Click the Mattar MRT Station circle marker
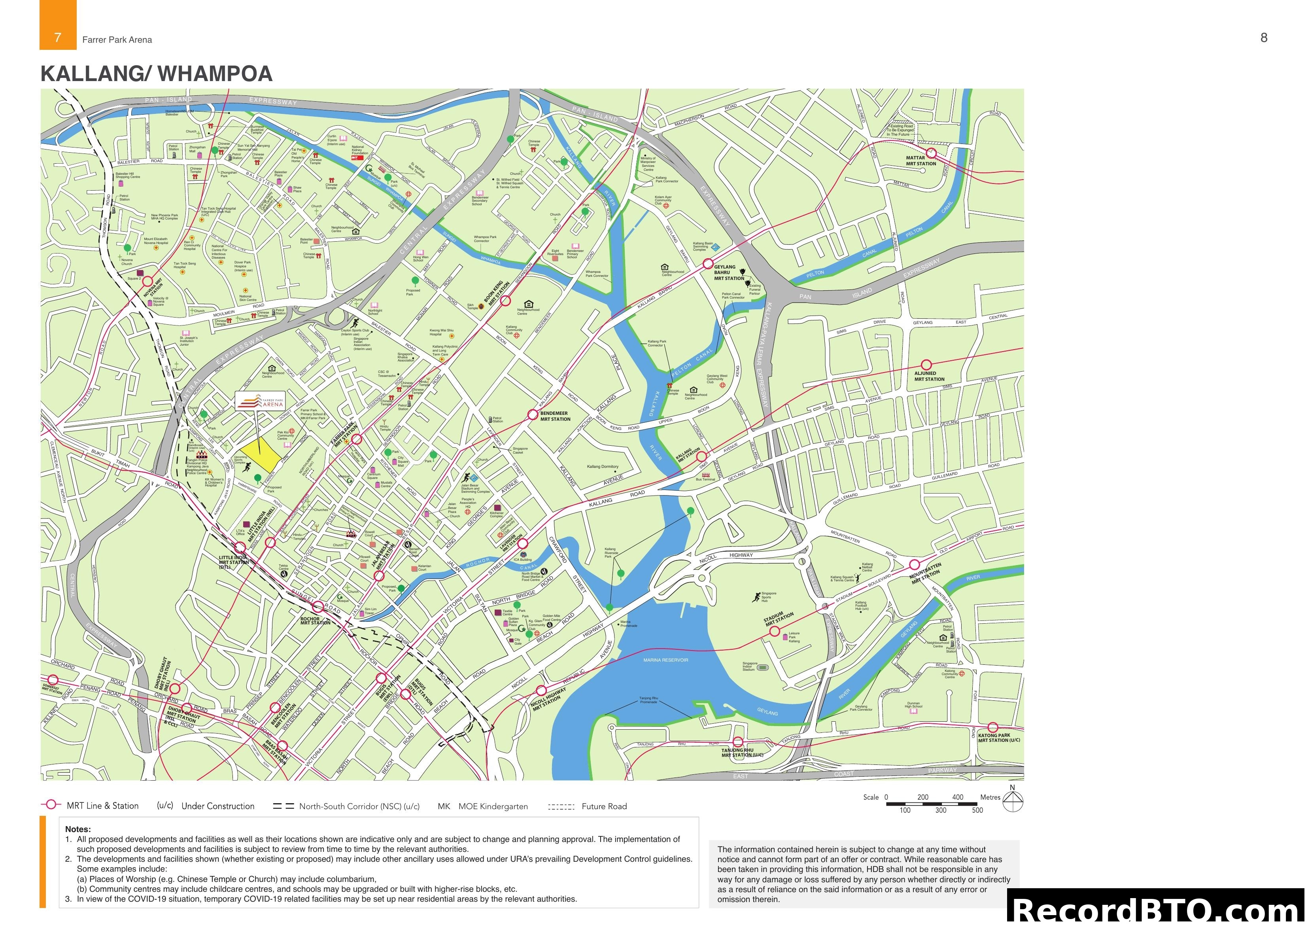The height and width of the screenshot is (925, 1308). click(x=931, y=153)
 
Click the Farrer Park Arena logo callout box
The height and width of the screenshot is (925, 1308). click(x=260, y=401)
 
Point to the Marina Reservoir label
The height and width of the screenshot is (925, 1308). click(x=665, y=660)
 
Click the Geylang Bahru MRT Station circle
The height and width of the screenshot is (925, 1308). click(x=707, y=264)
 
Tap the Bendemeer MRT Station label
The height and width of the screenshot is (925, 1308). click(x=554, y=416)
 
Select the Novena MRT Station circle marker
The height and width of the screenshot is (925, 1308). click(x=147, y=281)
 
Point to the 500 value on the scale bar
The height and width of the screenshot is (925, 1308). click(x=977, y=810)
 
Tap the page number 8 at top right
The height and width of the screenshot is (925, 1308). click(x=1264, y=38)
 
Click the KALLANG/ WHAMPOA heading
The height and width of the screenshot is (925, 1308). click(x=156, y=74)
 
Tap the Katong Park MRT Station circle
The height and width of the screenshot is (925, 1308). click(x=992, y=727)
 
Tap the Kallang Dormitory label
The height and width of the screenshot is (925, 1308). click(x=602, y=466)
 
